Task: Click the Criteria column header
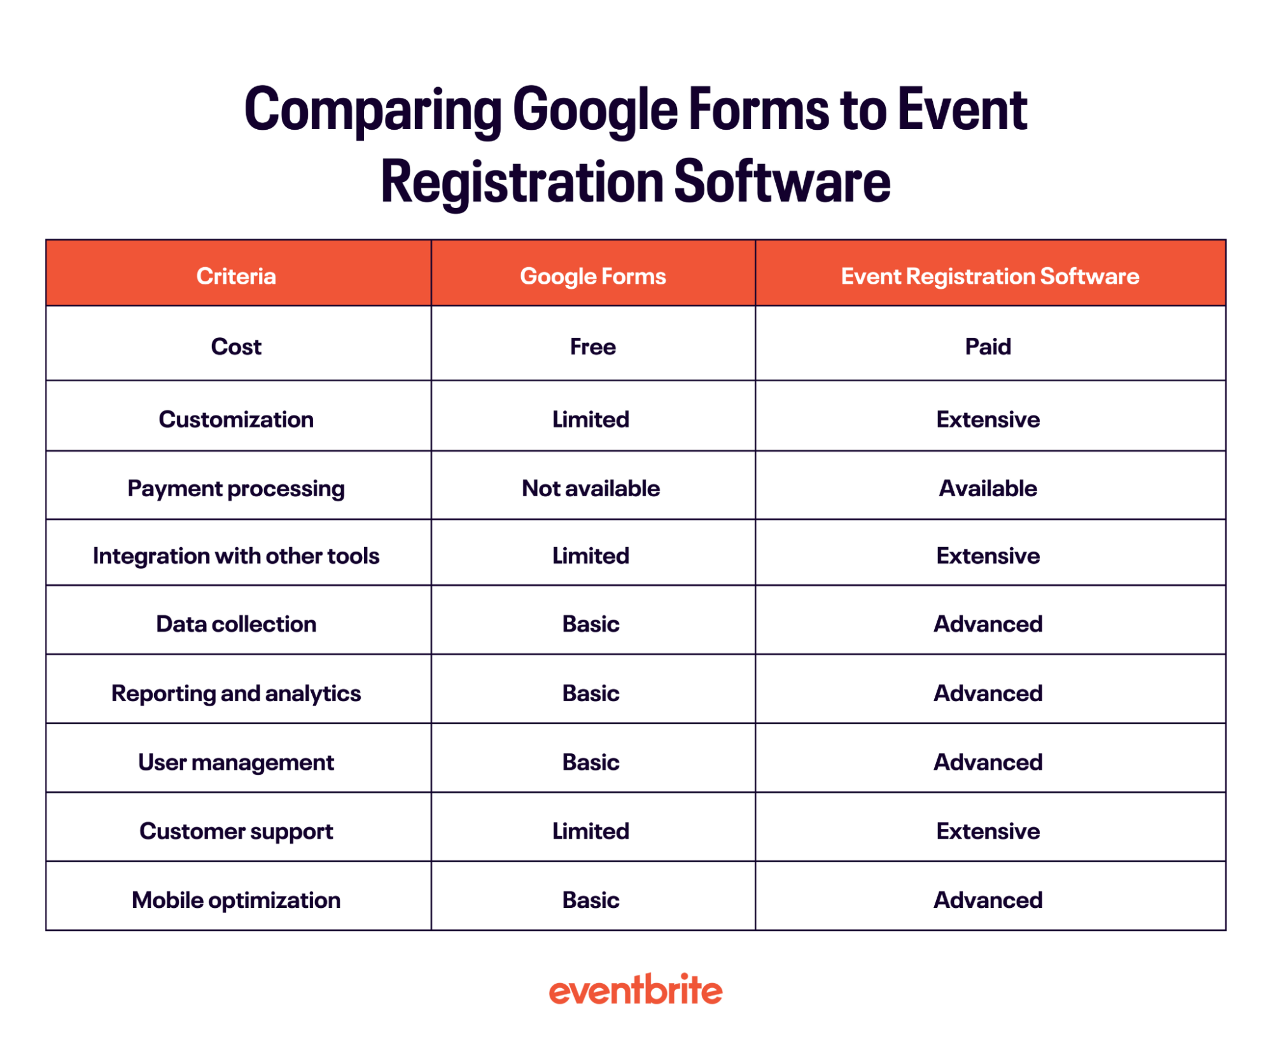coord(236,276)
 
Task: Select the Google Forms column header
coord(592,276)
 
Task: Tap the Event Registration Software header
coord(989,276)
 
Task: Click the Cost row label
coord(236,347)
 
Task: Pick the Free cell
coord(592,347)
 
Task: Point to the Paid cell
coord(988,347)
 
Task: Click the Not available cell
coord(591,488)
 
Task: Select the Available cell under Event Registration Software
coord(988,488)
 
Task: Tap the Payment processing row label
coord(236,489)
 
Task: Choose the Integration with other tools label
coord(236,556)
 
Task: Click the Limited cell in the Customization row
coord(591,419)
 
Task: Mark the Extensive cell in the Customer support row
coord(988,831)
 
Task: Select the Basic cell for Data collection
coord(591,624)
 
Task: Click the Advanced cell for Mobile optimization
coord(988,900)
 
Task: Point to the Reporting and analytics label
coord(236,694)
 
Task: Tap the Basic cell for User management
coord(591,762)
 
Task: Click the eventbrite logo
coord(635,990)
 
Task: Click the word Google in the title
coord(595,111)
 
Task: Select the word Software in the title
coord(782,182)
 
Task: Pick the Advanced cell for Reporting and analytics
coord(988,694)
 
